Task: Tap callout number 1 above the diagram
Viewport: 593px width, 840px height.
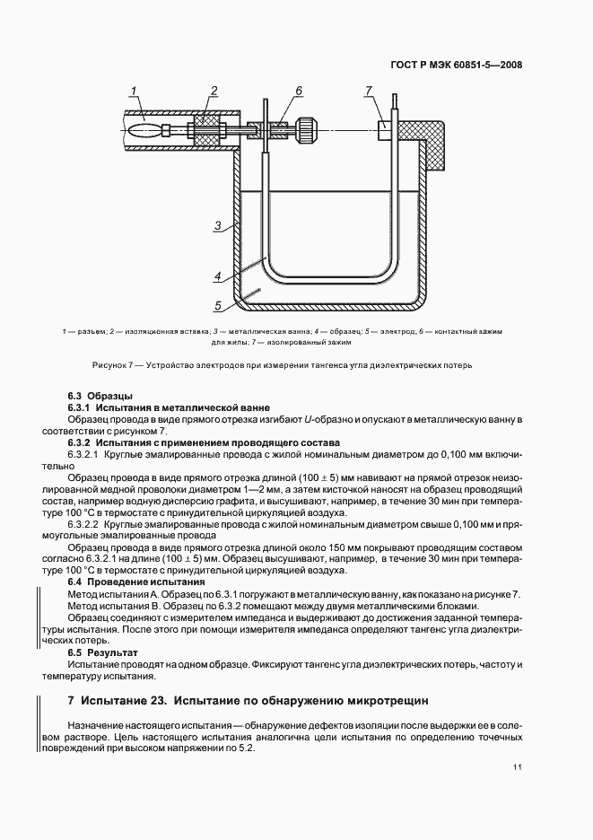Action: (133, 90)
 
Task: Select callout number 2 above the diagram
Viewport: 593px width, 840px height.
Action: (214, 90)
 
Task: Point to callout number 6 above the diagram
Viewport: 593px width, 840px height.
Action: (299, 90)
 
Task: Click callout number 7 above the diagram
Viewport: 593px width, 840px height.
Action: (368, 90)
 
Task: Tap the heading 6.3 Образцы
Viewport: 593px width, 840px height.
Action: (100, 396)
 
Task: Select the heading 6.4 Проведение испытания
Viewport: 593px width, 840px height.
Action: (126, 582)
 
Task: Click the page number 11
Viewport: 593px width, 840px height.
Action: (518, 766)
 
